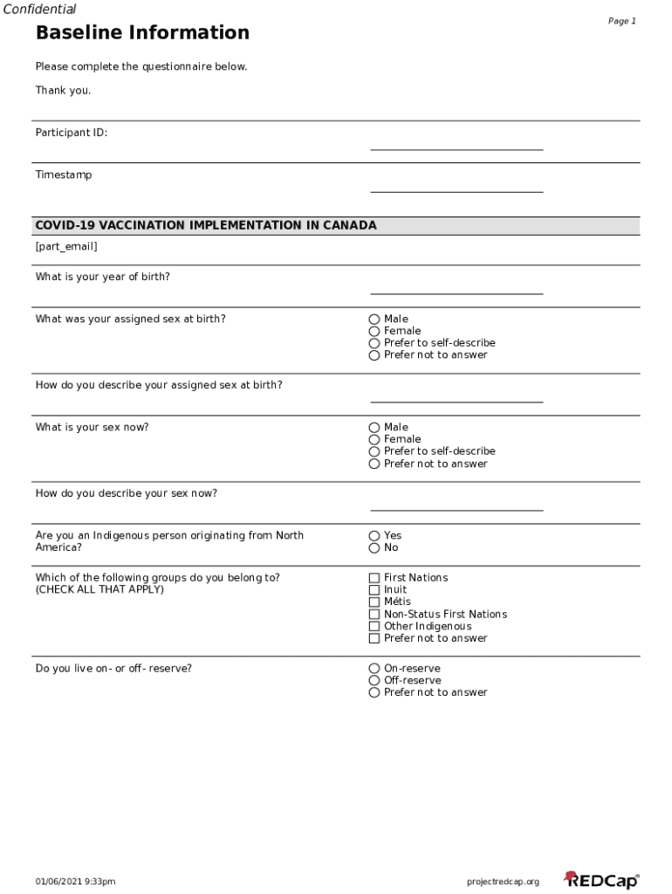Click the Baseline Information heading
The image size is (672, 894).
[x=142, y=33]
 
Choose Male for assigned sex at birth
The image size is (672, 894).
[x=374, y=320]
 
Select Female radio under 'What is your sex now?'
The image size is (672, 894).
[x=374, y=440]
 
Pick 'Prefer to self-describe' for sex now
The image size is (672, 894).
[x=374, y=452]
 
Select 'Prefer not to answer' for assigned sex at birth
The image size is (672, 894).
[x=374, y=355]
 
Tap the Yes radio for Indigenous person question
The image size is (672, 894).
[x=374, y=536]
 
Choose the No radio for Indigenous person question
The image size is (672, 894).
[x=374, y=548]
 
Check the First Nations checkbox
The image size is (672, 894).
[x=374, y=578]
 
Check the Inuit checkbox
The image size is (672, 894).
[x=374, y=590]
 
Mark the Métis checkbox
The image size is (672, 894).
[x=374, y=602]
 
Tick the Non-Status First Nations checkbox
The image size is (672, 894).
[x=374, y=615]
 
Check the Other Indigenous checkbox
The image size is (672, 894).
[x=374, y=627]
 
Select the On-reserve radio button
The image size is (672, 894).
[x=374, y=669]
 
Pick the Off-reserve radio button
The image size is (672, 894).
[x=374, y=681]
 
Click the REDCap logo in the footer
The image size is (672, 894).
[x=601, y=880]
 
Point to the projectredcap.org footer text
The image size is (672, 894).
[x=503, y=882]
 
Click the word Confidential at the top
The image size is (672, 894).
[x=39, y=10]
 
